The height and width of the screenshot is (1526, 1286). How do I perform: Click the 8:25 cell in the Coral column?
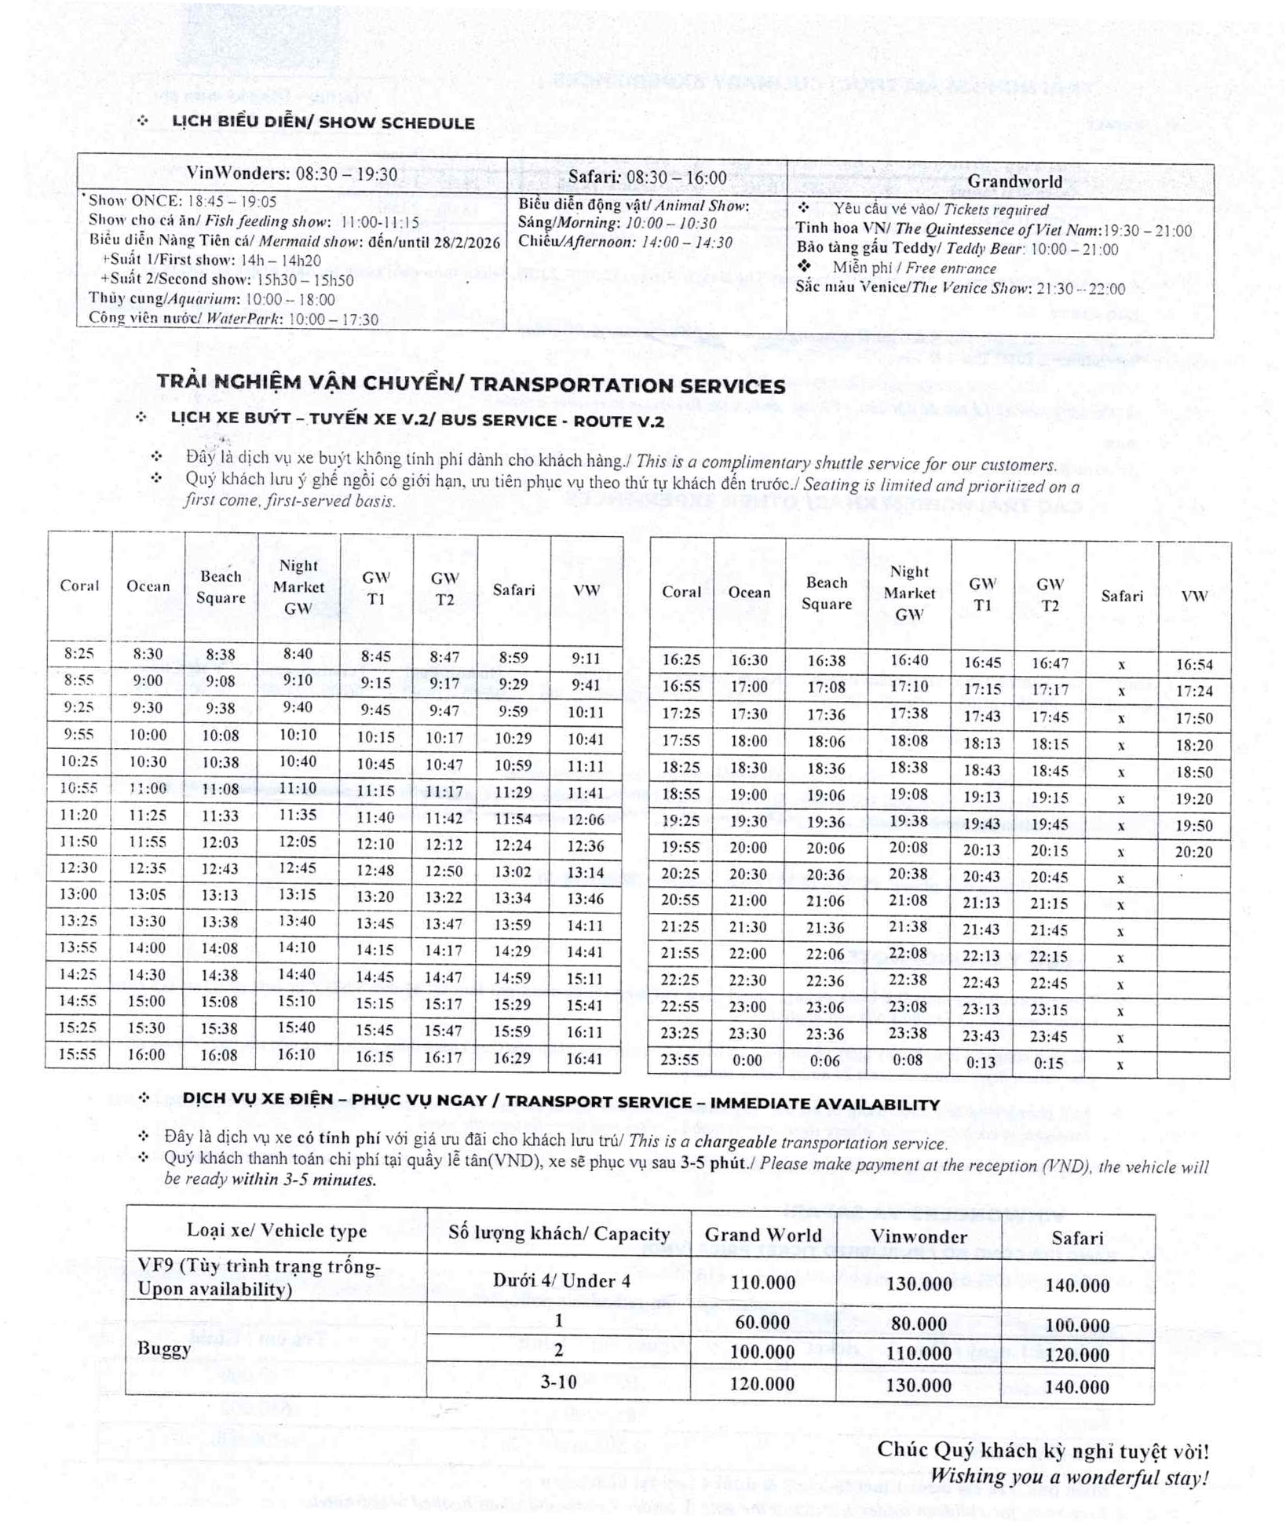click(x=79, y=653)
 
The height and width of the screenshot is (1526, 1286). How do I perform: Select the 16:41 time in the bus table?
click(x=585, y=1058)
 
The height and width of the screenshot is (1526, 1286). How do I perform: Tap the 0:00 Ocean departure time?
click(x=747, y=1061)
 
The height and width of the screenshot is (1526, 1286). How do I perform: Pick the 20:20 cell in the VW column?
click(x=1194, y=852)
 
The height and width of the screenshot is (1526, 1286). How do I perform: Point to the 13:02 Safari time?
click(x=513, y=871)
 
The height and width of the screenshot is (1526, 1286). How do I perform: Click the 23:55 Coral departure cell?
click(x=680, y=1060)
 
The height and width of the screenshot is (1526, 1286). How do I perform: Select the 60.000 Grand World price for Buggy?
click(x=762, y=1323)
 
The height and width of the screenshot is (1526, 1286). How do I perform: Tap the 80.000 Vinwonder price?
click(x=919, y=1324)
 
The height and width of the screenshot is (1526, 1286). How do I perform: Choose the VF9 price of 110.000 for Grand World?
click(x=762, y=1283)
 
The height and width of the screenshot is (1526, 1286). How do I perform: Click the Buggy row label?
click(x=164, y=1349)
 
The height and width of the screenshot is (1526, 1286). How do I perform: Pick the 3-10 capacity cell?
click(x=558, y=1382)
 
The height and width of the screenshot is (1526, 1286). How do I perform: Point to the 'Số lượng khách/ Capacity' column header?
click(x=559, y=1233)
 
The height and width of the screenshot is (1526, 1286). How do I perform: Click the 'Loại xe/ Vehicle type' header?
click(x=276, y=1230)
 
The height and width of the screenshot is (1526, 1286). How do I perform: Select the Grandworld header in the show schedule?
click(x=1014, y=181)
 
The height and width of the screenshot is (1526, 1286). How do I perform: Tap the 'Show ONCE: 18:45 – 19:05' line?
click(x=182, y=201)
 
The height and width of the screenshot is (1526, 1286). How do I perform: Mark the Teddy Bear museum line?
click(x=957, y=249)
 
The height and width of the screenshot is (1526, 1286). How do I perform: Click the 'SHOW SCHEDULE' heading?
click(x=323, y=122)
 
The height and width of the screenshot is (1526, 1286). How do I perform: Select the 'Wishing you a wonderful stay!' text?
click(x=1069, y=1477)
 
